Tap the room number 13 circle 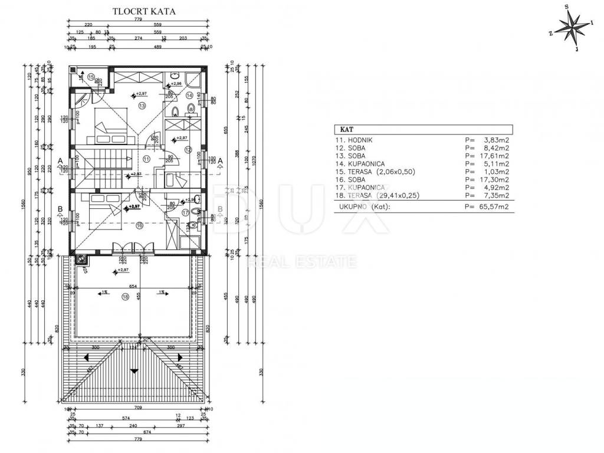[142, 106]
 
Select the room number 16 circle [140, 225]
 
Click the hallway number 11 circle [146, 159]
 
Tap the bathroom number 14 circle [189, 95]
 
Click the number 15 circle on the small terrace [91, 77]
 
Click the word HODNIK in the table [362, 140]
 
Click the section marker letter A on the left [61, 160]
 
